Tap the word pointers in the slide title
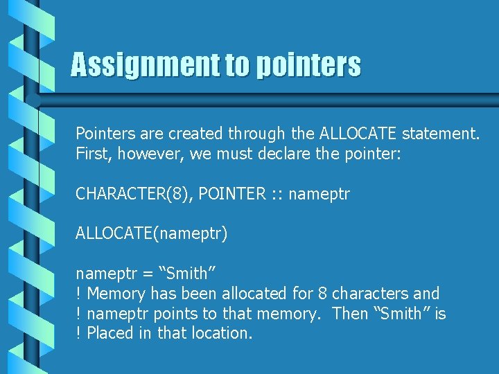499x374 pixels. coord(308,65)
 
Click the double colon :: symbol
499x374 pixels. coord(277,195)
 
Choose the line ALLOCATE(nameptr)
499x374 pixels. coord(152,234)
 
